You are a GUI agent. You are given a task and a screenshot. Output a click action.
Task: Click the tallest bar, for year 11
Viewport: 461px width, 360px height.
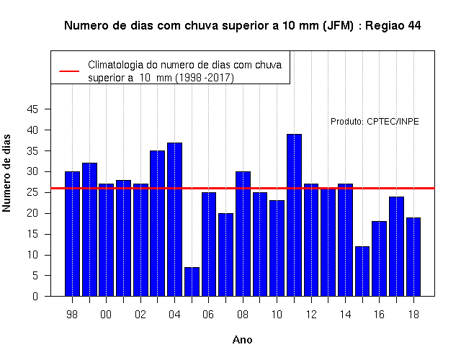coord(295,215)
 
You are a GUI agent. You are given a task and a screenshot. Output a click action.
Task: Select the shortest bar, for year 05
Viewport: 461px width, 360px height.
coord(192,282)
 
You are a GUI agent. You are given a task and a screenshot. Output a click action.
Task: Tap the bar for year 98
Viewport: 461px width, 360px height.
coord(72,233)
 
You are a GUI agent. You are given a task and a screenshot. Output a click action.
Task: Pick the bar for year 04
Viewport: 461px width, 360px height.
coord(174,219)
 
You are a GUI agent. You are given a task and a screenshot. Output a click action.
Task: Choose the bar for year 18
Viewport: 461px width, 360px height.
coord(413,257)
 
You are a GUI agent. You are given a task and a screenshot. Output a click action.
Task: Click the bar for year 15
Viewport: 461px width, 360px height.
coord(362,271)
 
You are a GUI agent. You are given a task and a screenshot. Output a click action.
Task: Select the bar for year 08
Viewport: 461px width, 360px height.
coord(243,233)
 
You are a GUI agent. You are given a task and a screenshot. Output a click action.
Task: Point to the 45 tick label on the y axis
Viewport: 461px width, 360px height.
coord(32,109)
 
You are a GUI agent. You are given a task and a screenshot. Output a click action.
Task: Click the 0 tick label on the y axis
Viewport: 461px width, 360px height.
coord(35,296)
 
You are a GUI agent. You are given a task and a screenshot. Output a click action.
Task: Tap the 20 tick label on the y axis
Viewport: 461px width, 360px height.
coord(32,213)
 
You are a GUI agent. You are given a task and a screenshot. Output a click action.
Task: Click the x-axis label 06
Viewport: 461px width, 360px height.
coord(208,315)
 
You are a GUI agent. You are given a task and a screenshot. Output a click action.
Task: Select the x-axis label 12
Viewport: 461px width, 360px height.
coord(311,315)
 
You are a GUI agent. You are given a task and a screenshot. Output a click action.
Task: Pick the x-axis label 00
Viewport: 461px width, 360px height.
coord(106,315)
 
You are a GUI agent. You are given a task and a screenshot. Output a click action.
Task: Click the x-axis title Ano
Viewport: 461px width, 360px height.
coord(242,340)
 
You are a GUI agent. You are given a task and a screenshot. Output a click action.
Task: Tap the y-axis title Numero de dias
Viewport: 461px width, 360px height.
coord(6,173)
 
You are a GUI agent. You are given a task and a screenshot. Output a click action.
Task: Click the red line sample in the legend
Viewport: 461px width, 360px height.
coord(69,71)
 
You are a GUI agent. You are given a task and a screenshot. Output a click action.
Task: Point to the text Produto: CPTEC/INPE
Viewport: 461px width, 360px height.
coord(375,122)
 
